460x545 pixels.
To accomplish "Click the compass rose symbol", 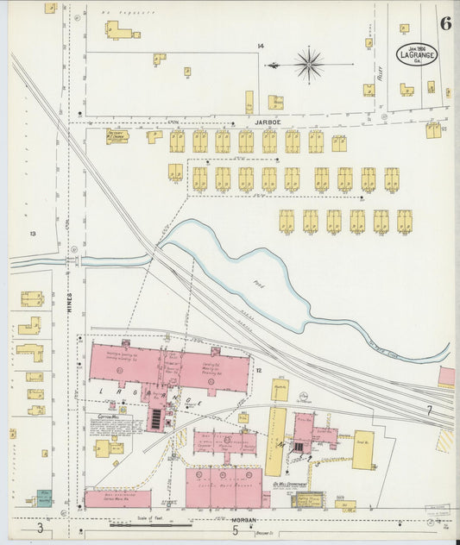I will pos(308,64).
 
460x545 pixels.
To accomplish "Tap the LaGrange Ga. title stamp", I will pos(417,53).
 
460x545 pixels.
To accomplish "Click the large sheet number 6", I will pos(444,23).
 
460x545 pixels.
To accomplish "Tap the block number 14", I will pos(260,46).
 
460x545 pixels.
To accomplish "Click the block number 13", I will pos(33,234).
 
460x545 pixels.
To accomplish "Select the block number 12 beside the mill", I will pos(258,369).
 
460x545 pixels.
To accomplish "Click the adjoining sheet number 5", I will pos(234,529).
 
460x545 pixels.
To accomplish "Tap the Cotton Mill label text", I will pos(107,416).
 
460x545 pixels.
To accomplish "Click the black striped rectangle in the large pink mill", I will pos(155,419).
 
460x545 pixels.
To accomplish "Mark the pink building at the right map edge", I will pos(446,376).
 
